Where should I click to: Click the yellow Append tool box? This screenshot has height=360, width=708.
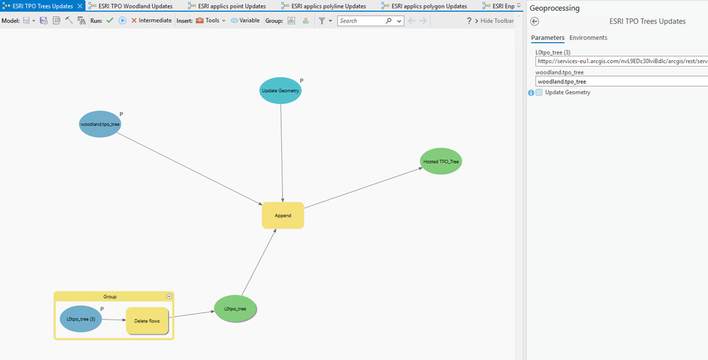[283, 215]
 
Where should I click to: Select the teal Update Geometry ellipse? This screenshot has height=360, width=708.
[280, 91]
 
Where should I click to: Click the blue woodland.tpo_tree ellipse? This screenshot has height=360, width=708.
[100, 124]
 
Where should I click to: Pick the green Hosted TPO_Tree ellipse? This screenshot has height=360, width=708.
[441, 162]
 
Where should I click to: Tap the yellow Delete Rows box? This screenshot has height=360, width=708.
[147, 321]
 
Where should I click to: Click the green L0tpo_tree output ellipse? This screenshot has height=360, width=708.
[235, 308]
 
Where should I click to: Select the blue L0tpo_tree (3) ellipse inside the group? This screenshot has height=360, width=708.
[81, 319]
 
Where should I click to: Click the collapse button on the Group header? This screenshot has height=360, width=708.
[169, 296]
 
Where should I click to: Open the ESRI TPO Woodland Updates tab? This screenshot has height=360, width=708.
[135, 6]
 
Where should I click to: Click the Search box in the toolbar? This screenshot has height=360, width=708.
[361, 21]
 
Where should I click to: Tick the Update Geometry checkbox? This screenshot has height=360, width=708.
[539, 93]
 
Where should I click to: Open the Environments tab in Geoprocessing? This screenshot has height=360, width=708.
[588, 38]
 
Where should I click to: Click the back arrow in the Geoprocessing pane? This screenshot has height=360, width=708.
[535, 22]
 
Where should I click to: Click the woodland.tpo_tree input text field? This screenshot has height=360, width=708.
[621, 81]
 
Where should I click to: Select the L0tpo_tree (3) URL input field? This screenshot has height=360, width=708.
[621, 61]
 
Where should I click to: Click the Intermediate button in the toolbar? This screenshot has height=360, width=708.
[151, 21]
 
